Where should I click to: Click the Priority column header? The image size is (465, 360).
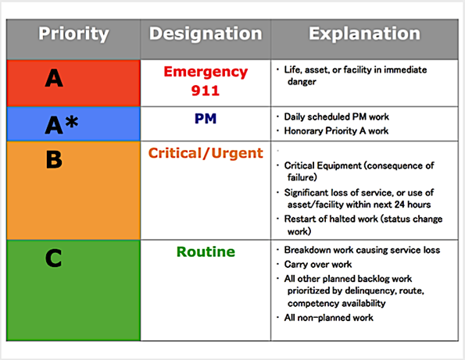tap(73, 34)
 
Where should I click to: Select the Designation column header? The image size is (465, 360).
tap(206, 34)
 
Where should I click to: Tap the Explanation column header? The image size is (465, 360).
tap(364, 34)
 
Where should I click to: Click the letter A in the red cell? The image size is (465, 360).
tap(53, 78)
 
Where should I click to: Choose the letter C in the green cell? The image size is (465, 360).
tap(53, 258)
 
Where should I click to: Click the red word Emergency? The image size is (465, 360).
tap(206, 72)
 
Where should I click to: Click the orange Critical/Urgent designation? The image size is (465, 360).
tap(206, 153)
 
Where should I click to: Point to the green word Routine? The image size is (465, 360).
tap(206, 252)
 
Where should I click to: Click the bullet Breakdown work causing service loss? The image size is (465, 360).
tap(363, 250)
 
